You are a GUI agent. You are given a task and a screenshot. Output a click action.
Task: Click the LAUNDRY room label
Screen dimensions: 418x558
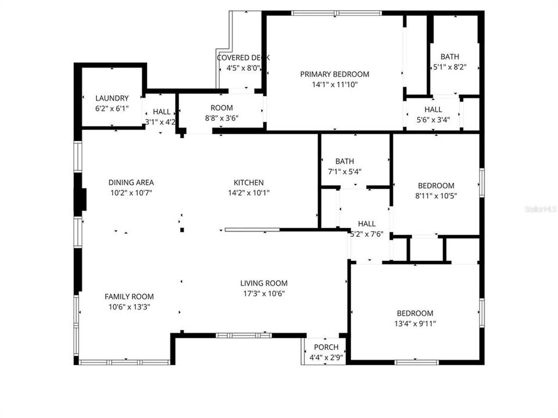click(112, 98)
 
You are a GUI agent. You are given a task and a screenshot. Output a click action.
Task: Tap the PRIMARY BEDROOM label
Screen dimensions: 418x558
click(335, 74)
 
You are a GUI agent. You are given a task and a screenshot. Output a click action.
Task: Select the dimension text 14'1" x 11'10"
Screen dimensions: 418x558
click(335, 84)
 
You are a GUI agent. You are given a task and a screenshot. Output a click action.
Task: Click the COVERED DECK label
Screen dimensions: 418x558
click(243, 57)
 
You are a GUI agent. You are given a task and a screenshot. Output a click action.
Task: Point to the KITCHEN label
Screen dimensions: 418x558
click(249, 182)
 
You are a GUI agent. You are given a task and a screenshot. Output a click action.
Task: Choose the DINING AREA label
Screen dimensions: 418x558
click(131, 182)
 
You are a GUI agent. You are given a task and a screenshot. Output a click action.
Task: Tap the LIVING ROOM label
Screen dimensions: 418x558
click(264, 283)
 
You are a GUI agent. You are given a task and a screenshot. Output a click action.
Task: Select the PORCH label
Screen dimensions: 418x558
click(326, 347)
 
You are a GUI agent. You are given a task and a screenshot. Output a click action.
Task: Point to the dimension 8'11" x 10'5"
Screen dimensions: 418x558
click(436, 196)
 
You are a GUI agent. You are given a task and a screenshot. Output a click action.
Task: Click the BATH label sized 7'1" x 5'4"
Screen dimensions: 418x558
click(345, 161)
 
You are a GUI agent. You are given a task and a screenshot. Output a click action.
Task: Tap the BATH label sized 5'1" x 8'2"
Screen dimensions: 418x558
click(449, 56)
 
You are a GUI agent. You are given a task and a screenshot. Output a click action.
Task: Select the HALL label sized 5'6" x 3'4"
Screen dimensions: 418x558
click(433, 109)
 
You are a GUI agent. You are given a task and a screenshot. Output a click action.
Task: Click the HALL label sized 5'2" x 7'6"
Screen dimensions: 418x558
click(367, 224)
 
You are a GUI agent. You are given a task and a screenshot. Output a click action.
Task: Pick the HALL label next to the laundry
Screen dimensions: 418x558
click(162, 111)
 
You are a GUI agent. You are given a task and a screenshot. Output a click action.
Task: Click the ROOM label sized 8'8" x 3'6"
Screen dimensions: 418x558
click(221, 107)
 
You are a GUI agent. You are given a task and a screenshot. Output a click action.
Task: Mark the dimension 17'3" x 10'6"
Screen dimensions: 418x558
click(264, 294)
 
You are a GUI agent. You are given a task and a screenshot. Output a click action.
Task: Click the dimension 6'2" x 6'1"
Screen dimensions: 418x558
click(112, 109)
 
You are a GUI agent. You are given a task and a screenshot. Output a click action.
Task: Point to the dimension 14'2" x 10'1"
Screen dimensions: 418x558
click(249, 193)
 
